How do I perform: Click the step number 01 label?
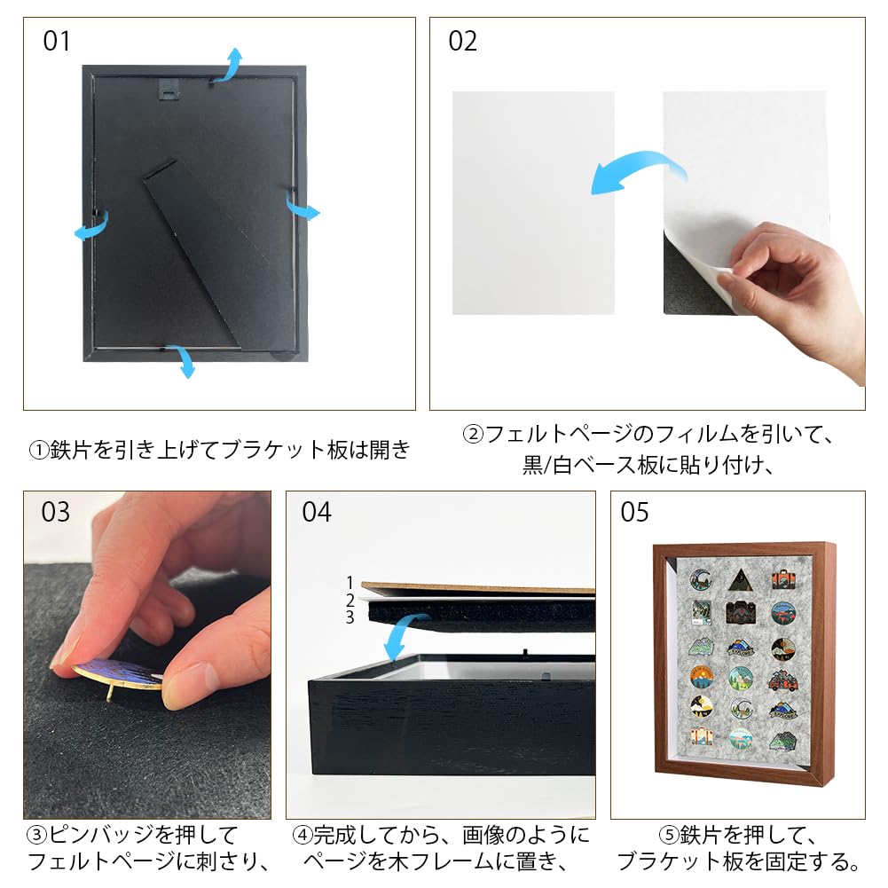click(x=57, y=42)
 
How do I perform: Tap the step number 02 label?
click(x=462, y=42)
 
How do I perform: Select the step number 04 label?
click(x=316, y=513)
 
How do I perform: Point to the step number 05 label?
click(x=635, y=513)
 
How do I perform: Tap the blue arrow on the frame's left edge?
click(x=90, y=227)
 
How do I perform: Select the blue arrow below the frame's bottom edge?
click(x=184, y=361)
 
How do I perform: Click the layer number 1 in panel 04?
click(x=350, y=583)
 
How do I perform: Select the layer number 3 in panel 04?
click(x=350, y=617)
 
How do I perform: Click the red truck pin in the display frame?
click(x=782, y=680)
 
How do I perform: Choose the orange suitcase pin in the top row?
click(x=782, y=578)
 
